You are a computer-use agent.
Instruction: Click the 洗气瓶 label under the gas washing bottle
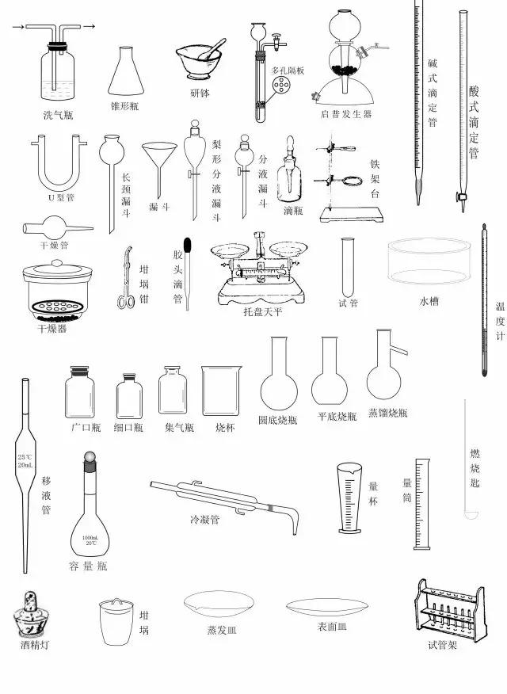[58, 116]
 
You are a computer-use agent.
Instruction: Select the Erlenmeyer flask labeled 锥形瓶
[127, 71]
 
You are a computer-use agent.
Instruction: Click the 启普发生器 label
[346, 115]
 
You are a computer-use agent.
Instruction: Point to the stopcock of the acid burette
[459, 196]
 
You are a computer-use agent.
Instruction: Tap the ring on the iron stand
[357, 181]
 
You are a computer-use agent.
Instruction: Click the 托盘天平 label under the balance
[263, 312]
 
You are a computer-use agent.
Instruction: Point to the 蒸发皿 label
[221, 631]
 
